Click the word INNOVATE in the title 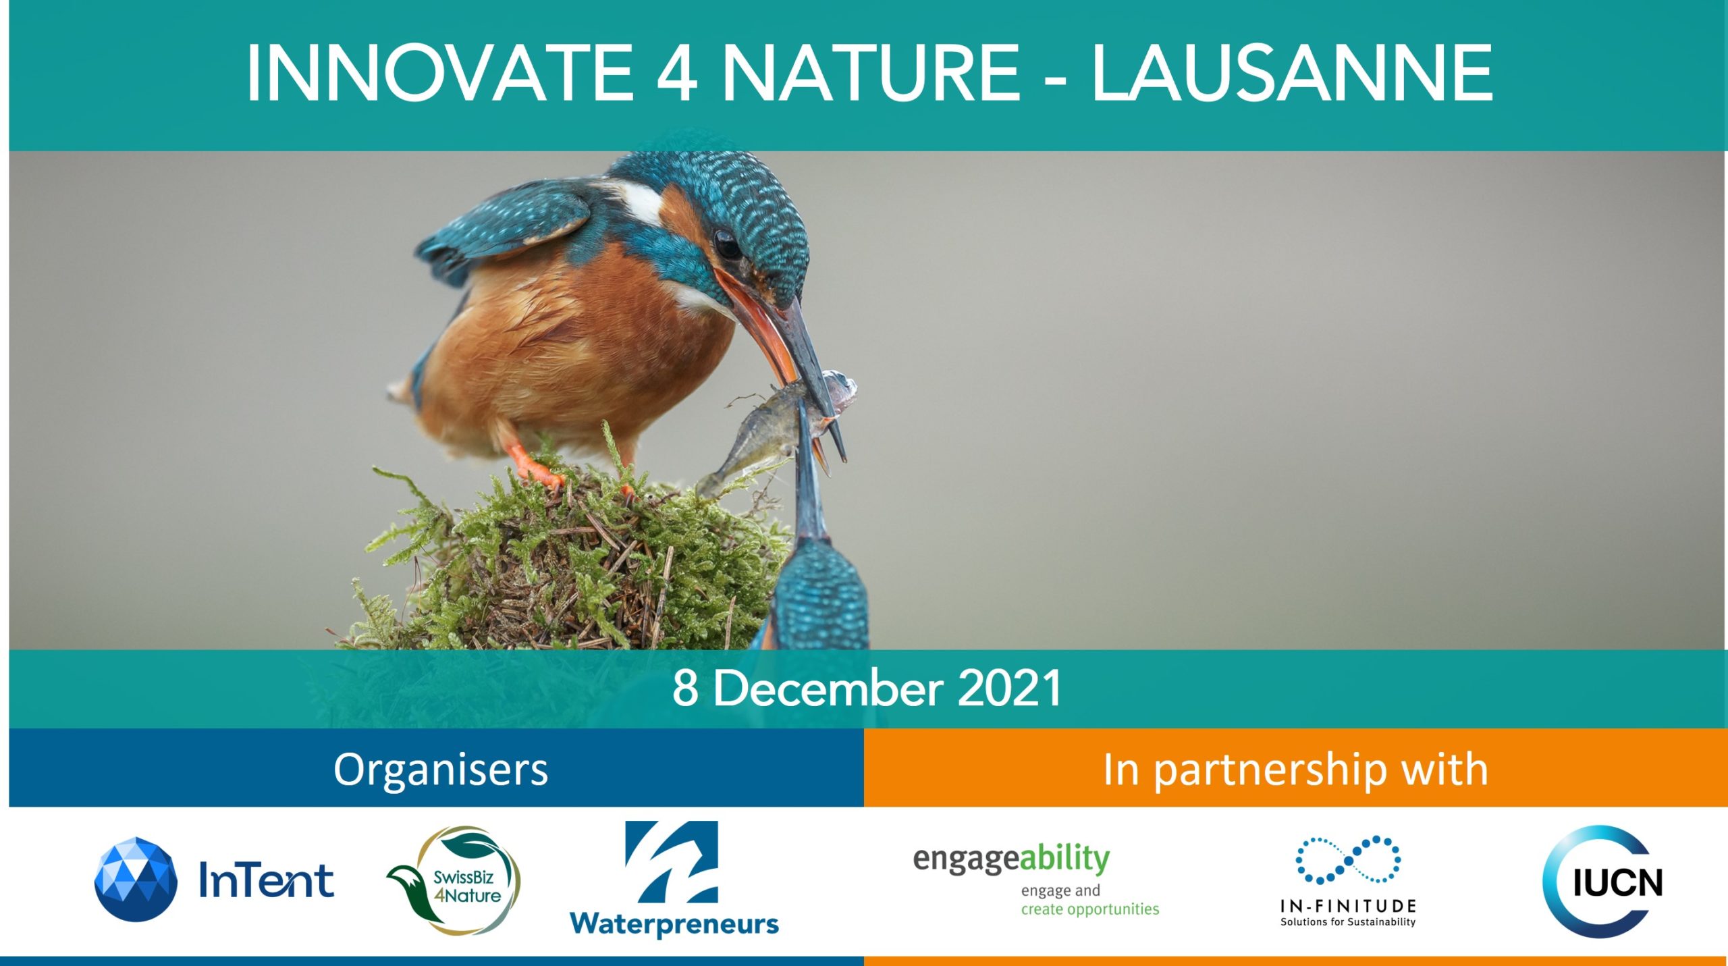tap(439, 73)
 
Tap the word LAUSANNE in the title tap(1292, 73)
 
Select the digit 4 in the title tap(677, 73)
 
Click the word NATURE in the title tap(870, 73)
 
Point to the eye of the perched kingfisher tap(728, 244)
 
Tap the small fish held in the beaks tap(776, 432)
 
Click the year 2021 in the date tap(1010, 689)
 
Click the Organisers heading tap(441, 770)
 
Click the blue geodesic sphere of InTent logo tap(136, 879)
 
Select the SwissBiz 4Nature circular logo tap(454, 881)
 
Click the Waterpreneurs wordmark tap(674, 923)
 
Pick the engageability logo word tap(1011, 860)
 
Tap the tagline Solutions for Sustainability tap(1348, 922)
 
